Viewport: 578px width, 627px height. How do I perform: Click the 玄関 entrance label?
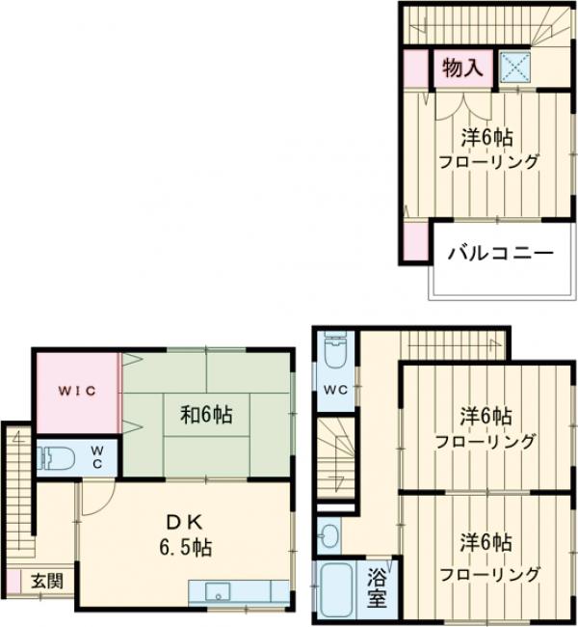point(47,581)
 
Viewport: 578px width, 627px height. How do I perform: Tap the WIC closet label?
point(77,391)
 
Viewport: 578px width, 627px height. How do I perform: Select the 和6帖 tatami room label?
point(206,414)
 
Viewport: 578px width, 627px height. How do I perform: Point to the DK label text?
point(185,522)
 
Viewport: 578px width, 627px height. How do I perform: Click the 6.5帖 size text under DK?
point(186,547)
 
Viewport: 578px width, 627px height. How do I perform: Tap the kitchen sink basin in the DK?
point(218,591)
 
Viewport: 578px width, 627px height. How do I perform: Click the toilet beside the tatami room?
point(56,458)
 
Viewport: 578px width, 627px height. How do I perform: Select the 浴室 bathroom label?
point(377,587)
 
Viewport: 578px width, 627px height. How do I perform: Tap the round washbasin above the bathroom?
point(329,535)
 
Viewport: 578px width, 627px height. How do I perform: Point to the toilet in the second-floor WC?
point(335,350)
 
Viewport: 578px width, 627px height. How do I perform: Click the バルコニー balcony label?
point(500,253)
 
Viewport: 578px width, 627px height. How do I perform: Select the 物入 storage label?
point(462,68)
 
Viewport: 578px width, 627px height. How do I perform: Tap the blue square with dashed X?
point(514,68)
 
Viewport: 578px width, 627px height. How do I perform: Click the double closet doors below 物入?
point(463,105)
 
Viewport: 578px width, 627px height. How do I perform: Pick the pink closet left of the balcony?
point(416,241)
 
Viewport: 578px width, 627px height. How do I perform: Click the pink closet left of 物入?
point(416,68)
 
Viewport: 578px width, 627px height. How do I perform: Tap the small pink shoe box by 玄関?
point(13,582)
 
